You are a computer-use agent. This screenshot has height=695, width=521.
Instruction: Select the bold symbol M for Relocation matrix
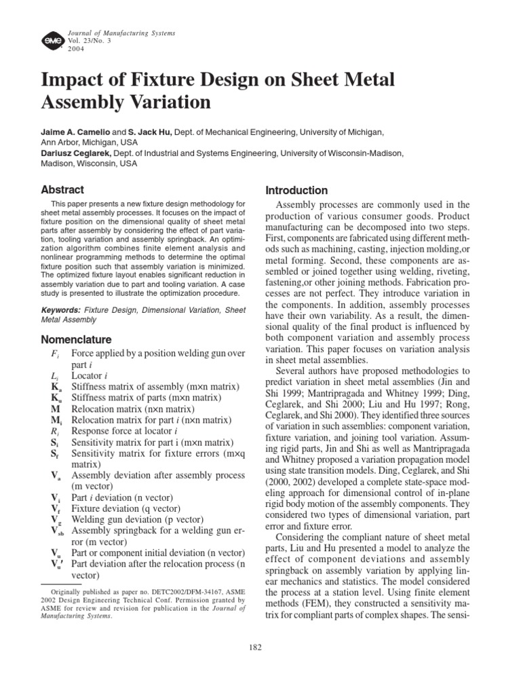(x=55, y=409)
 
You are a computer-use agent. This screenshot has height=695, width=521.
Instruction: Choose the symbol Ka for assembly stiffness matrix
(x=56, y=386)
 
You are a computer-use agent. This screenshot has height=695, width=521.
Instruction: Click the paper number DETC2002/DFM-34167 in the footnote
(x=174, y=592)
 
